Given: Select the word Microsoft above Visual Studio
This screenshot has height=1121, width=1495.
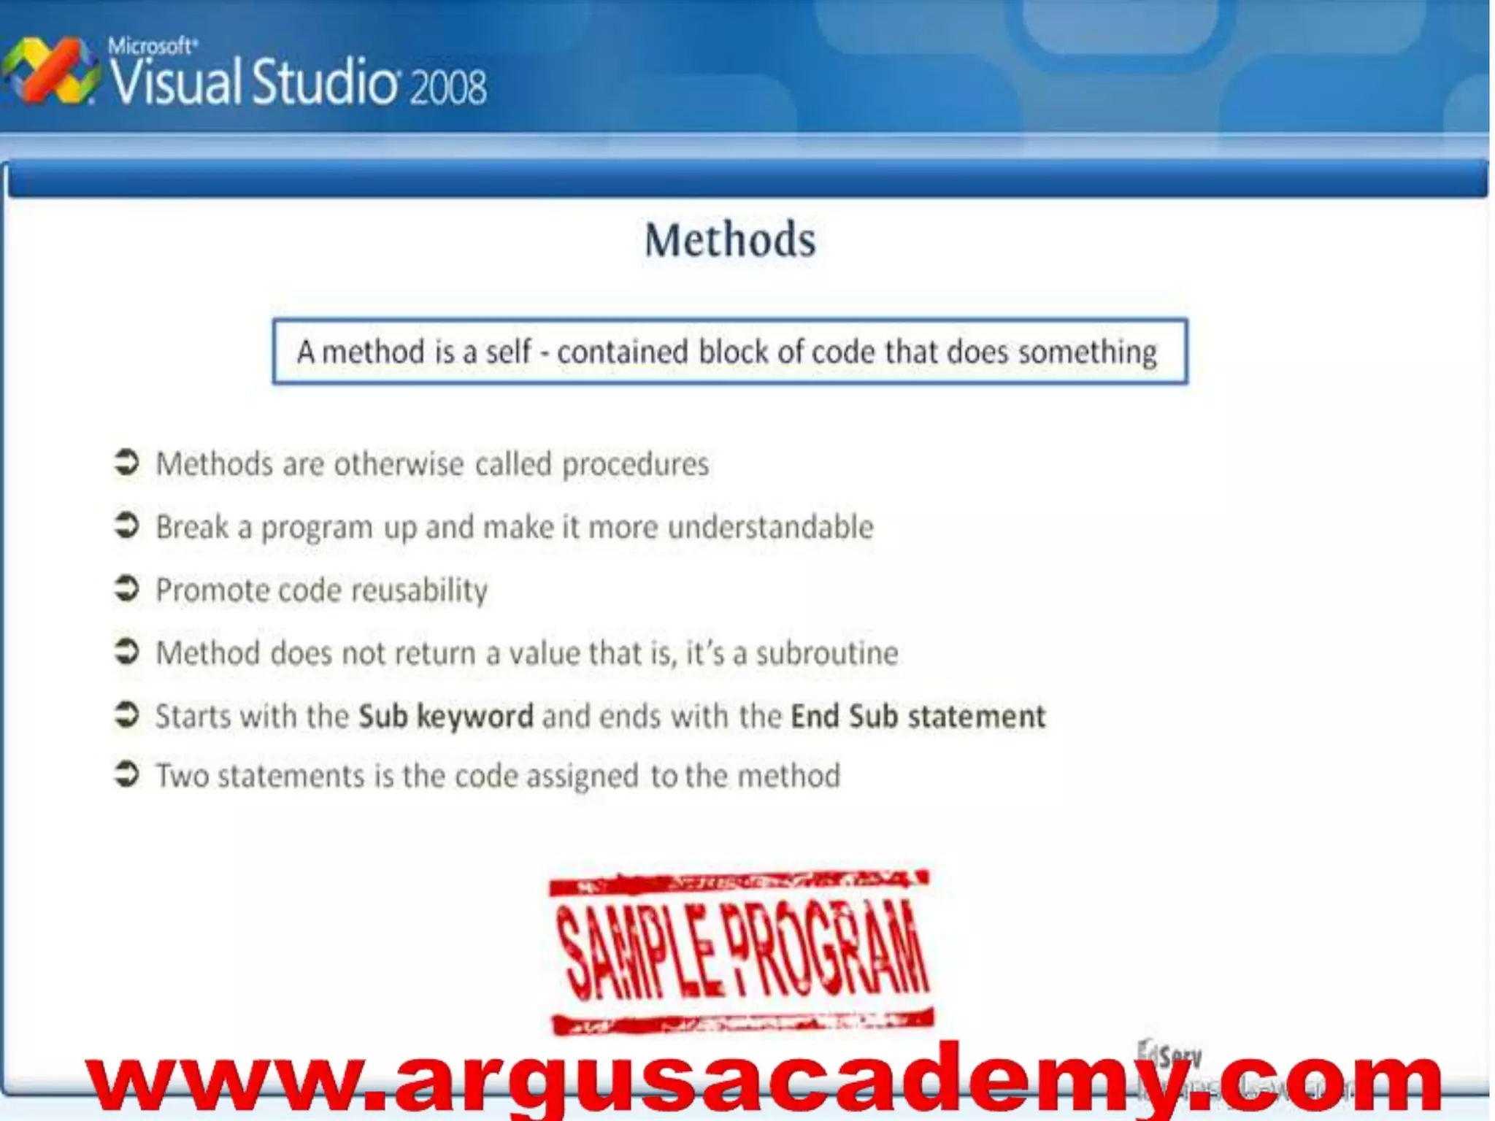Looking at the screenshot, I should coord(152,47).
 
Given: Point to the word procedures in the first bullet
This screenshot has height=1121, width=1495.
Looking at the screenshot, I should coord(635,465).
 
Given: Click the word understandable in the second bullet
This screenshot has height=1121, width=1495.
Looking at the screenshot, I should coord(770,527).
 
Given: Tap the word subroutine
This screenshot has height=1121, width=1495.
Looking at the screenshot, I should coord(826,653).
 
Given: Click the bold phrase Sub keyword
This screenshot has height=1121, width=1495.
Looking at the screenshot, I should coord(446,717).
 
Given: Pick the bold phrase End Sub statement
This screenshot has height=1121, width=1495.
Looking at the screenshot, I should coord(918,717).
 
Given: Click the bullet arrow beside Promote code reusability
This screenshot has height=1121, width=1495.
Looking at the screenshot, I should coord(127,588).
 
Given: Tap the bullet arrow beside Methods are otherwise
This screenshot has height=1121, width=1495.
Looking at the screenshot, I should coord(127,463).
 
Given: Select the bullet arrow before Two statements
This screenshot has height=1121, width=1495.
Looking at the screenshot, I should coord(127,774).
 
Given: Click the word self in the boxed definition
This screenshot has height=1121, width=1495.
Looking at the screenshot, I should coord(508,352).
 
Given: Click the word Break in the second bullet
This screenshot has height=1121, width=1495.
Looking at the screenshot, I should coord(192,527).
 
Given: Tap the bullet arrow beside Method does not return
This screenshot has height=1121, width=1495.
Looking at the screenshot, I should coord(127,651).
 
